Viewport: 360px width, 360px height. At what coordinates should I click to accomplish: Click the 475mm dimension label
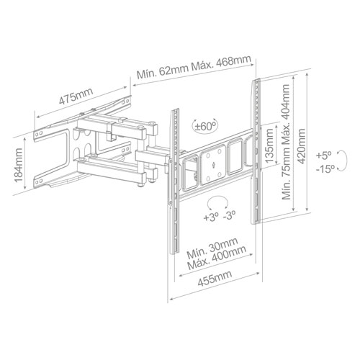point(76,96)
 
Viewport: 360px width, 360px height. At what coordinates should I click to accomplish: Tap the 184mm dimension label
point(19,165)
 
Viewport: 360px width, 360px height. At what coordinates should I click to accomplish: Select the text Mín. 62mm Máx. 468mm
point(194,67)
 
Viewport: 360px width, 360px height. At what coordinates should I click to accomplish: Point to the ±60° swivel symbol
point(205,126)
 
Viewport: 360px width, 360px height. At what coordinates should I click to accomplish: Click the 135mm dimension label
point(269,145)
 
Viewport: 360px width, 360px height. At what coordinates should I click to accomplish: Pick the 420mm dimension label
point(301,146)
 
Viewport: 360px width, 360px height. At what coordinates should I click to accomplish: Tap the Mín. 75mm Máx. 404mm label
point(286,142)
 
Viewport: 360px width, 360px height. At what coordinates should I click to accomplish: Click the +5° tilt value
point(323,156)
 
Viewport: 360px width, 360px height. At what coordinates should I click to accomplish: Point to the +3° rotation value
point(210,217)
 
